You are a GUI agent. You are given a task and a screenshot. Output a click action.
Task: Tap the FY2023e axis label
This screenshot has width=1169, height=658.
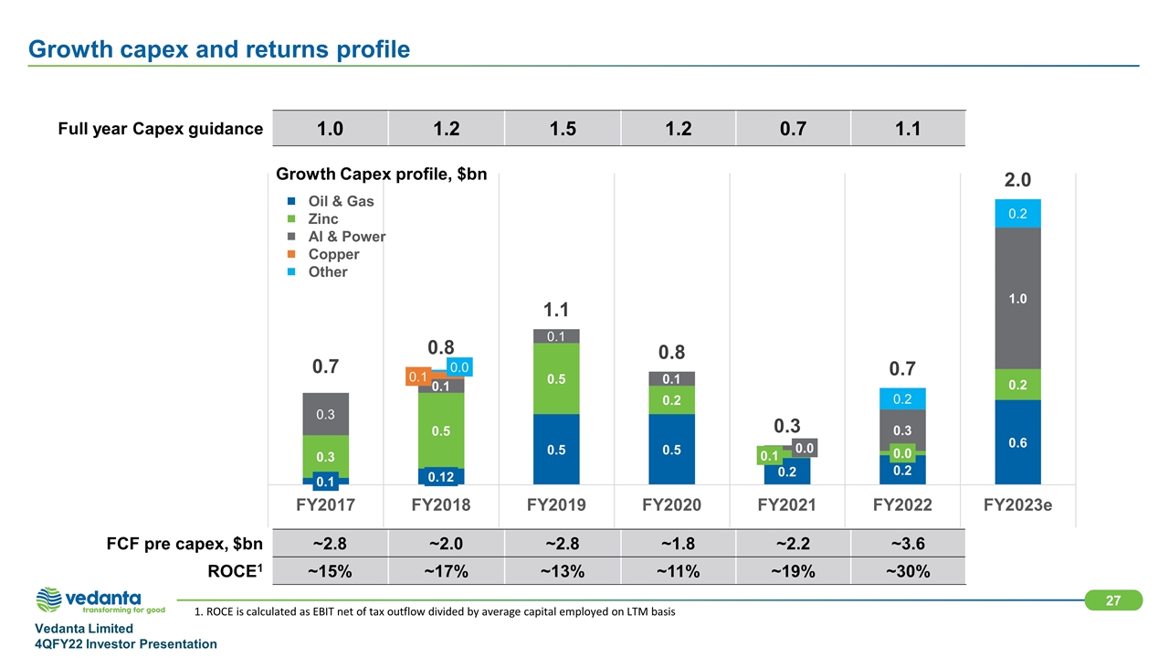(x=1016, y=505)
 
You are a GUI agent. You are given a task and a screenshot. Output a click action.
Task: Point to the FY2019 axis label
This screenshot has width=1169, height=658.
(x=556, y=505)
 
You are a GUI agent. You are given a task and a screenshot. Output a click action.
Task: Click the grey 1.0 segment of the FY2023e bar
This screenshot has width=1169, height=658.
(x=1016, y=298)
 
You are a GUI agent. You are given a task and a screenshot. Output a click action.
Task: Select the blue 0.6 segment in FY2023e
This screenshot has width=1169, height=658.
(x=1016, y=442)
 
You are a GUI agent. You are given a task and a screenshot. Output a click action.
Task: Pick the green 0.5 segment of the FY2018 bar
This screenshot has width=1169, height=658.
(x=441, y=430)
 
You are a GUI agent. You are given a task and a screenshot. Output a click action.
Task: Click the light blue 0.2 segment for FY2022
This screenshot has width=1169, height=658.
(x=901, y=399)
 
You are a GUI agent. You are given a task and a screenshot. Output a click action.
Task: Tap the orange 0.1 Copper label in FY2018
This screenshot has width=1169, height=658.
(x=418, y=377)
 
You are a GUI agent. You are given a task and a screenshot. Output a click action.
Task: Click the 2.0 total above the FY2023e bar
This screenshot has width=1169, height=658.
(x=1016, y=179)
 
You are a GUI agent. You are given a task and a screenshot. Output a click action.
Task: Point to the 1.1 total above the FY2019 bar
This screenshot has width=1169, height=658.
(x=556, y=310)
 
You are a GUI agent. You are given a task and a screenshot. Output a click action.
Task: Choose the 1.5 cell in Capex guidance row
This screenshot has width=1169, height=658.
(x=563, y=129)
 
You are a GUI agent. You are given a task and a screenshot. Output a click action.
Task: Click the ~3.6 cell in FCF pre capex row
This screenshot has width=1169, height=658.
(x=907, y=545)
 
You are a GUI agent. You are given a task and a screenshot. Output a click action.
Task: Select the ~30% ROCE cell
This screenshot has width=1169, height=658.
(x=907, y=572)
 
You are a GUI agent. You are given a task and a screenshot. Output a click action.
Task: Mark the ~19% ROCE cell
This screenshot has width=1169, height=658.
(x=792, y=572)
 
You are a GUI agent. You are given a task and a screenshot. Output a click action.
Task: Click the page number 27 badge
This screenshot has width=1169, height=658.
(x=1112, y=600)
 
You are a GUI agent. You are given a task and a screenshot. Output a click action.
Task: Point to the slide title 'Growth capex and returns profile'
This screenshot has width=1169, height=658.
(x=219, y=48)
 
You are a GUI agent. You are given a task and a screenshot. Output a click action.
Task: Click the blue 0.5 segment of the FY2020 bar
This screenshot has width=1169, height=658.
(x=671, y=449)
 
